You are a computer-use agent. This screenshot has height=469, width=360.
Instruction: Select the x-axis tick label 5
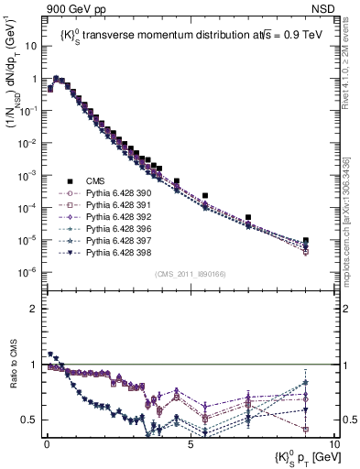(x=190, y=444)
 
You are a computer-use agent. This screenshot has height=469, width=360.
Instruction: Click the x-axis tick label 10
(x=333, y=444)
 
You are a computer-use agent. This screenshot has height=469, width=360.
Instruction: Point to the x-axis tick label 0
(x=46, y=444)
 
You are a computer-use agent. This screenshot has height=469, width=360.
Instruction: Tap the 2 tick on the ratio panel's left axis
(x=33, y=309)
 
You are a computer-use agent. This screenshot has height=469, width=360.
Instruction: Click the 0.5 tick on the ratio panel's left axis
(x=29, y=420)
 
